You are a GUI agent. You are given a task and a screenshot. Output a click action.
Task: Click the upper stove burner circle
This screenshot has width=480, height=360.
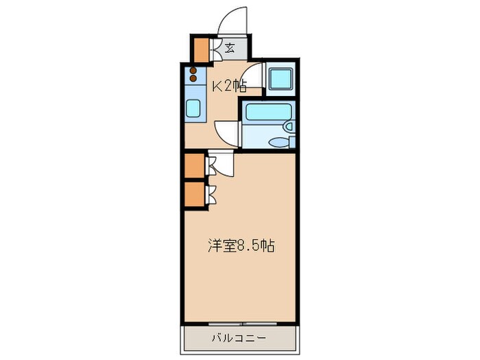click(x=193, y=71)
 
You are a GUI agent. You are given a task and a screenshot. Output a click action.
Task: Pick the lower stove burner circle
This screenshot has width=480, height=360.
click(x=193, y=80)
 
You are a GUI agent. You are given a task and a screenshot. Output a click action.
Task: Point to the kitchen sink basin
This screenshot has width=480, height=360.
click(x=193, y=108)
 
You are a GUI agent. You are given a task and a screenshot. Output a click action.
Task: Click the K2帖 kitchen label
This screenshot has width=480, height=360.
click(x=228, y=86)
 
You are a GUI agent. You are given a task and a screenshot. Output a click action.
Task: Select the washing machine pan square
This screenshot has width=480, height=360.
click(x=280, y=80)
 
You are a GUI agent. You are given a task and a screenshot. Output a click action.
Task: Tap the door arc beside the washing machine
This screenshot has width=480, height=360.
click(x=254, y=77)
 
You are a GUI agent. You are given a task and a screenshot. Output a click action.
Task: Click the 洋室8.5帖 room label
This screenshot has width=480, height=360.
click(x=241, y=246)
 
